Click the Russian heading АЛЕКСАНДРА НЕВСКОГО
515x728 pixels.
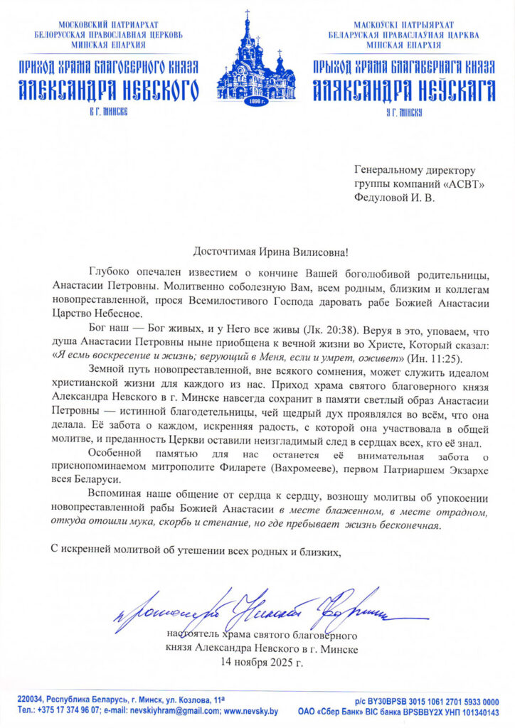108,90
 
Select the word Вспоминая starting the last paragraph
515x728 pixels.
115,493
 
